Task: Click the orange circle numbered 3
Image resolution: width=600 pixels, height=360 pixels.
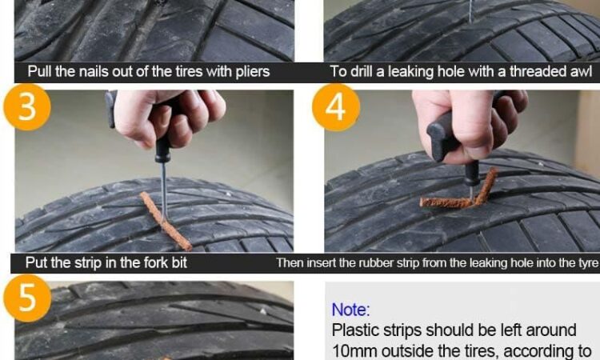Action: click(x=27, y=107)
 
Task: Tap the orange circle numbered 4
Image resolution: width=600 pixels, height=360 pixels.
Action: click(x=336, y=107)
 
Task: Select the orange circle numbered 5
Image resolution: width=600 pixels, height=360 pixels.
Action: click(x=27, y=298)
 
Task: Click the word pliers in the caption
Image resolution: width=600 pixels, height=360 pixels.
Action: click(x=253, y=72)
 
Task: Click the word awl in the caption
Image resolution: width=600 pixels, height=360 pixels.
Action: click(x=582, y=71)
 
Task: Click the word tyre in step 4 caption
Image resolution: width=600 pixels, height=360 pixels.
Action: click(x=587, y=263)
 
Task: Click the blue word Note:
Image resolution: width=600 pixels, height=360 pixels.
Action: click(x=351, y=310)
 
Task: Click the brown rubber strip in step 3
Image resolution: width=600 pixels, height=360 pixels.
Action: click(x=165, y=221)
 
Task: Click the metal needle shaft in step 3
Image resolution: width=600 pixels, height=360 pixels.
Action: click(x=164, y=191)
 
